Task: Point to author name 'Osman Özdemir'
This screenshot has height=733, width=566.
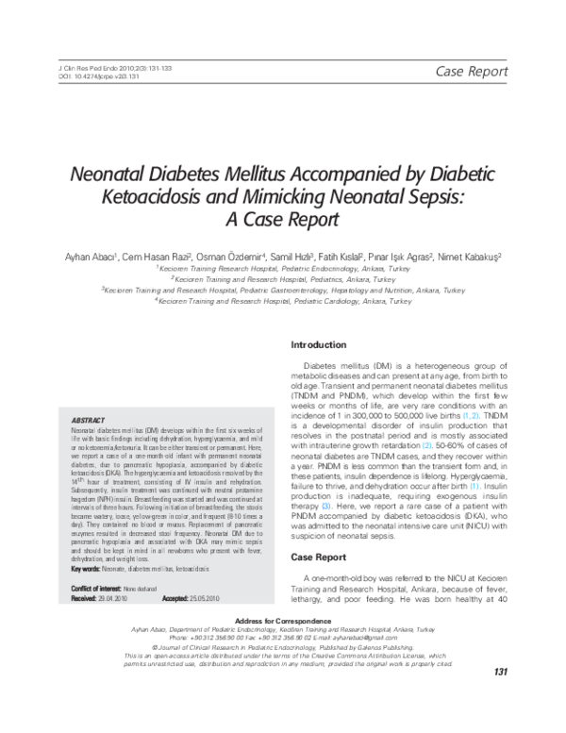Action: point(232,256)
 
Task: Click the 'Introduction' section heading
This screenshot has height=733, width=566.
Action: point(318,344)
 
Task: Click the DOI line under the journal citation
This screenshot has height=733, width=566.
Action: point(86,78)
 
